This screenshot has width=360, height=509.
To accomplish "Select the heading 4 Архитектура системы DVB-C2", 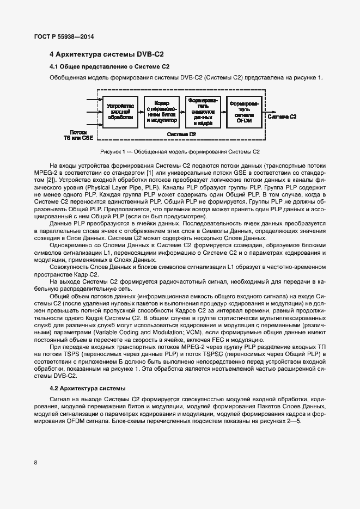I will tap(107, 54).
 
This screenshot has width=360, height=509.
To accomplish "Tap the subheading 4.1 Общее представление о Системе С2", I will tap(109, 67).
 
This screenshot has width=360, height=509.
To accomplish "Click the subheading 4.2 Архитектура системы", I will tap(87, 388).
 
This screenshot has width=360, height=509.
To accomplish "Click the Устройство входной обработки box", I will tap(120, 111).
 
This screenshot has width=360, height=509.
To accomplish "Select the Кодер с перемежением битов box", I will tap(161, 111).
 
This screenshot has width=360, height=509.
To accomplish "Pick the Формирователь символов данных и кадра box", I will tap(203, 111).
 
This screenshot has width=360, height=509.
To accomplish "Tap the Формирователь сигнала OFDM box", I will tap(243, 111).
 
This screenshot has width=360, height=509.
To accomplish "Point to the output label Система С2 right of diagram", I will tap(282, 116).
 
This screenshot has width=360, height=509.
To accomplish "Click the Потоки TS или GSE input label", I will tap(78, 134).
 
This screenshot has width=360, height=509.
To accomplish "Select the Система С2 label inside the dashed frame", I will tap(181, 134).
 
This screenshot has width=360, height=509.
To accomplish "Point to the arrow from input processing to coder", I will tap(141, 111).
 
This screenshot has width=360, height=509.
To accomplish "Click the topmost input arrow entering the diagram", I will tap(93, 100).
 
